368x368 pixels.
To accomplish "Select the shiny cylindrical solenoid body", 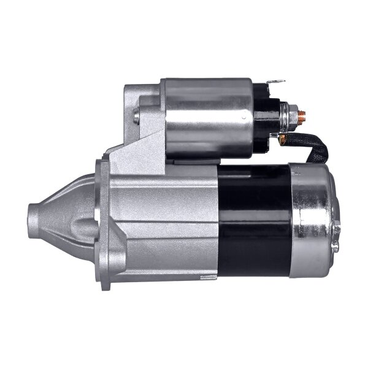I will tap(205, 120).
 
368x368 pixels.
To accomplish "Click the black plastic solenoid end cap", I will tap(267, 120).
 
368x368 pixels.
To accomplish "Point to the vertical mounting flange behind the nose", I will tap(102, 221).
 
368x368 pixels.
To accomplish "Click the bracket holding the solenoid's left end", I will tap(141, 123).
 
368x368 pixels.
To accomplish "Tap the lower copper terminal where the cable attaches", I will tap(282, 139).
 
